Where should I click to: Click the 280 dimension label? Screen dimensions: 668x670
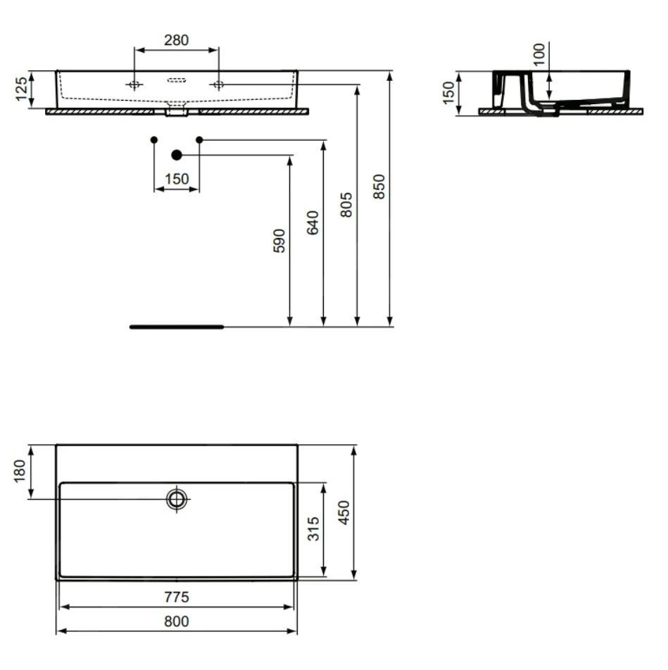coord(177,39)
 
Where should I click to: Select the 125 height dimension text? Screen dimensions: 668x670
coord(21,89)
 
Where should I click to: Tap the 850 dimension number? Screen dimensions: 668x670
coord(379,187)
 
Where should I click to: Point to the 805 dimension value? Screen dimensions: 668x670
coord(346,205)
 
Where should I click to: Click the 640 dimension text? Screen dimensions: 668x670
coord(313,222)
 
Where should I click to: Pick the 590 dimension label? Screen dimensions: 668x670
coord(279,241)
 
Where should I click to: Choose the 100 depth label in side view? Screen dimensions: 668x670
coord(539,54)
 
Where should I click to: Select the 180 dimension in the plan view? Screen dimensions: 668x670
coord(20,472)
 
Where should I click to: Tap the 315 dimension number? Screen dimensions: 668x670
coord(313,529)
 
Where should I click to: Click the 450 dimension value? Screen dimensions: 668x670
coord(344,513)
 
